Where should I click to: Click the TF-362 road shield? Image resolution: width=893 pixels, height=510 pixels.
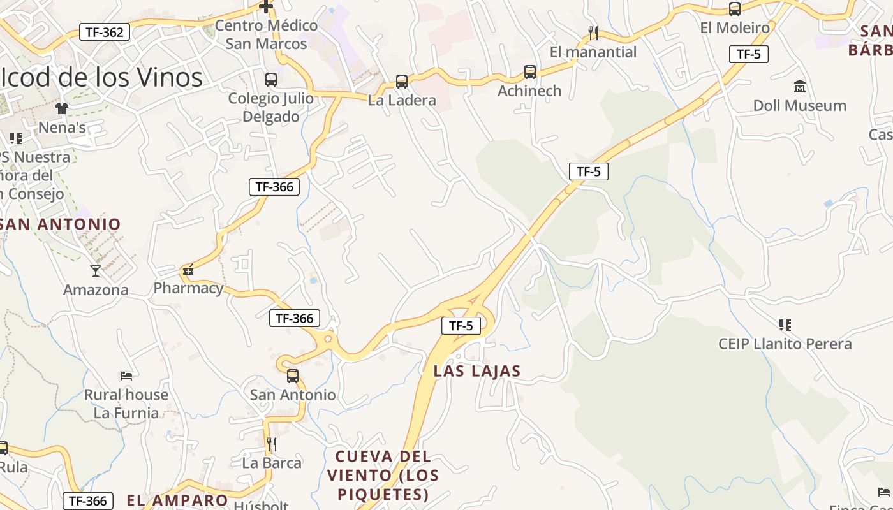(105, 32)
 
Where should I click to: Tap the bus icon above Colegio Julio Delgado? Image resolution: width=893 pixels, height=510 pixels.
(271, 80)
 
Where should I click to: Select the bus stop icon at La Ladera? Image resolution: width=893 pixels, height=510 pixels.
(401, 82)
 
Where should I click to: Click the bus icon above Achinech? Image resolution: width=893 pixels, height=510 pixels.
(530, 72)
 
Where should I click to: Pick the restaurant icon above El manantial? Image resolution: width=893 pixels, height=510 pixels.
(593, 33)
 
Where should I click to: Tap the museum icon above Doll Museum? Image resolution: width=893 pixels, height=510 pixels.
(799, 86)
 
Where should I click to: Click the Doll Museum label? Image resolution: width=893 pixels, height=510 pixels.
(799, 105)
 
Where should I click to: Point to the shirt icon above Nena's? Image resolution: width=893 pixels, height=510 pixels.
(61, 108)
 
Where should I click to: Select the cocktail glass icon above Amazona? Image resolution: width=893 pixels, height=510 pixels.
(96, 271)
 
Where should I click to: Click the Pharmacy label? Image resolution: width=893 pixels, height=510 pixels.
(188, 288)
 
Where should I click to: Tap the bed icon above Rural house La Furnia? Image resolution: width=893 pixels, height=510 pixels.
(126, 375)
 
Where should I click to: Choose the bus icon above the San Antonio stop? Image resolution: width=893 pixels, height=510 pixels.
(293, 376)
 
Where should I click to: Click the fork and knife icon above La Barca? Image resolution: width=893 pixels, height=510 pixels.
(272, 444)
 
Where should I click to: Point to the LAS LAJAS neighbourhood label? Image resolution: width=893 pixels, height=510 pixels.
(477, 371)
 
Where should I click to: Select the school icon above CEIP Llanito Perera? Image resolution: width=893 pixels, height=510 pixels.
(785, 325)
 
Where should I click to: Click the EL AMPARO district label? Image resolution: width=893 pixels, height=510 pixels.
(177, 500)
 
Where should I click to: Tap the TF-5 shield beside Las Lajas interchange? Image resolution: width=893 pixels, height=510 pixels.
(461, 326)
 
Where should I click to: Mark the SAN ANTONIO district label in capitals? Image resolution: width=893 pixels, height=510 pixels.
(61, 224)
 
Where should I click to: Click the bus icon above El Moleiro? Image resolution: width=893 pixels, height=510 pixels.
(735, 9)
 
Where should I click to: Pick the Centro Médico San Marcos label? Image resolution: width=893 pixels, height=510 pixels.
(266, 34)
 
